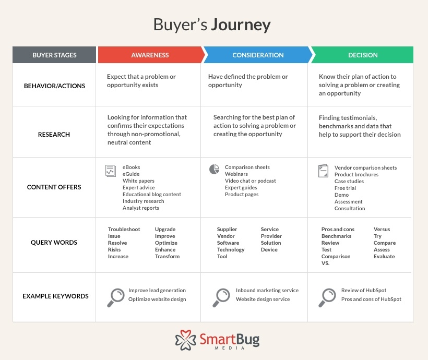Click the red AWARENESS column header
(x=150, y=55)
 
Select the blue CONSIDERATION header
(x=258, y=55)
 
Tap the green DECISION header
(x=363, y=55)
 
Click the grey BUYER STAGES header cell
(x=54, y=55)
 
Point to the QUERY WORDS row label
(x=54, y=243)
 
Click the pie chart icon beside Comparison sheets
(x=214, y=170)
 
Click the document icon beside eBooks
(x=110, y=171)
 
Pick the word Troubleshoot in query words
(x=124, y=230)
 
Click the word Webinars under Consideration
(x=236, y=174)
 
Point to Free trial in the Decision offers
(x=346, y=188)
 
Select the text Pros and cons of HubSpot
(x=371, y=299)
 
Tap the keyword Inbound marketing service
(x=267, y=291)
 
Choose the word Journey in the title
(x=241, y=25)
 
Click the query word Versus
(x=382, y=230)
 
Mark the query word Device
(x=269, y=250)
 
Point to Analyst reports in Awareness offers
(x=141, y=208)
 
